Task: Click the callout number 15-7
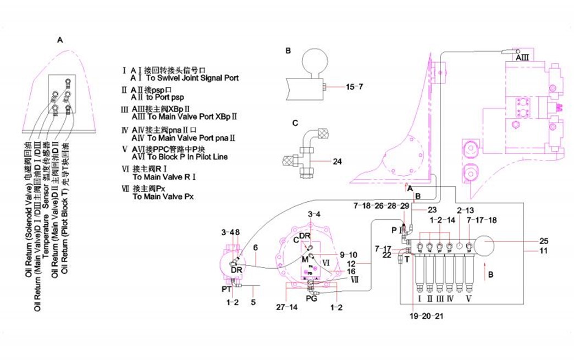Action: (x=354, y=87)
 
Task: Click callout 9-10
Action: (x=349, y=254)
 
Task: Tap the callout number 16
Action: (x=350, y=271)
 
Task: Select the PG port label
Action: (x=311, y=298)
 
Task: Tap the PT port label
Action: (x=226, y=287)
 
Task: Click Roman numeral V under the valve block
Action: (x=469, y=299)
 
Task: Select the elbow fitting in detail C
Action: (x=314, y=137)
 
